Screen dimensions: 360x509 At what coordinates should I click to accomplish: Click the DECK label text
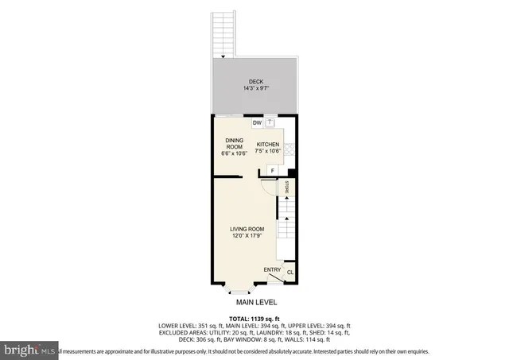[254, 81]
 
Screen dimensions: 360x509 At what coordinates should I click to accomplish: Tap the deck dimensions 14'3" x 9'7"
[254, 88]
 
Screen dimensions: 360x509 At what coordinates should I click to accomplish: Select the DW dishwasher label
[257, 123]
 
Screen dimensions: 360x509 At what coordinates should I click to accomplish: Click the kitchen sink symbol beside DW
[270, 123]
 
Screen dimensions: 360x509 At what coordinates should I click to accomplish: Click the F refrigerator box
[273, 170]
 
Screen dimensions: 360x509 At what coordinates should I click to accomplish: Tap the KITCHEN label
[267, 144]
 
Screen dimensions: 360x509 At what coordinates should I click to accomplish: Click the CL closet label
[289, 273]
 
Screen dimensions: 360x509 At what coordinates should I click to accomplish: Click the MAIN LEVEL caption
[254, 303]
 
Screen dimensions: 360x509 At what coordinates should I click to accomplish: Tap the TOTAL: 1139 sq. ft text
[254, 319]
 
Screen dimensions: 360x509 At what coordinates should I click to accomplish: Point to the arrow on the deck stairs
[223, 56]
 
